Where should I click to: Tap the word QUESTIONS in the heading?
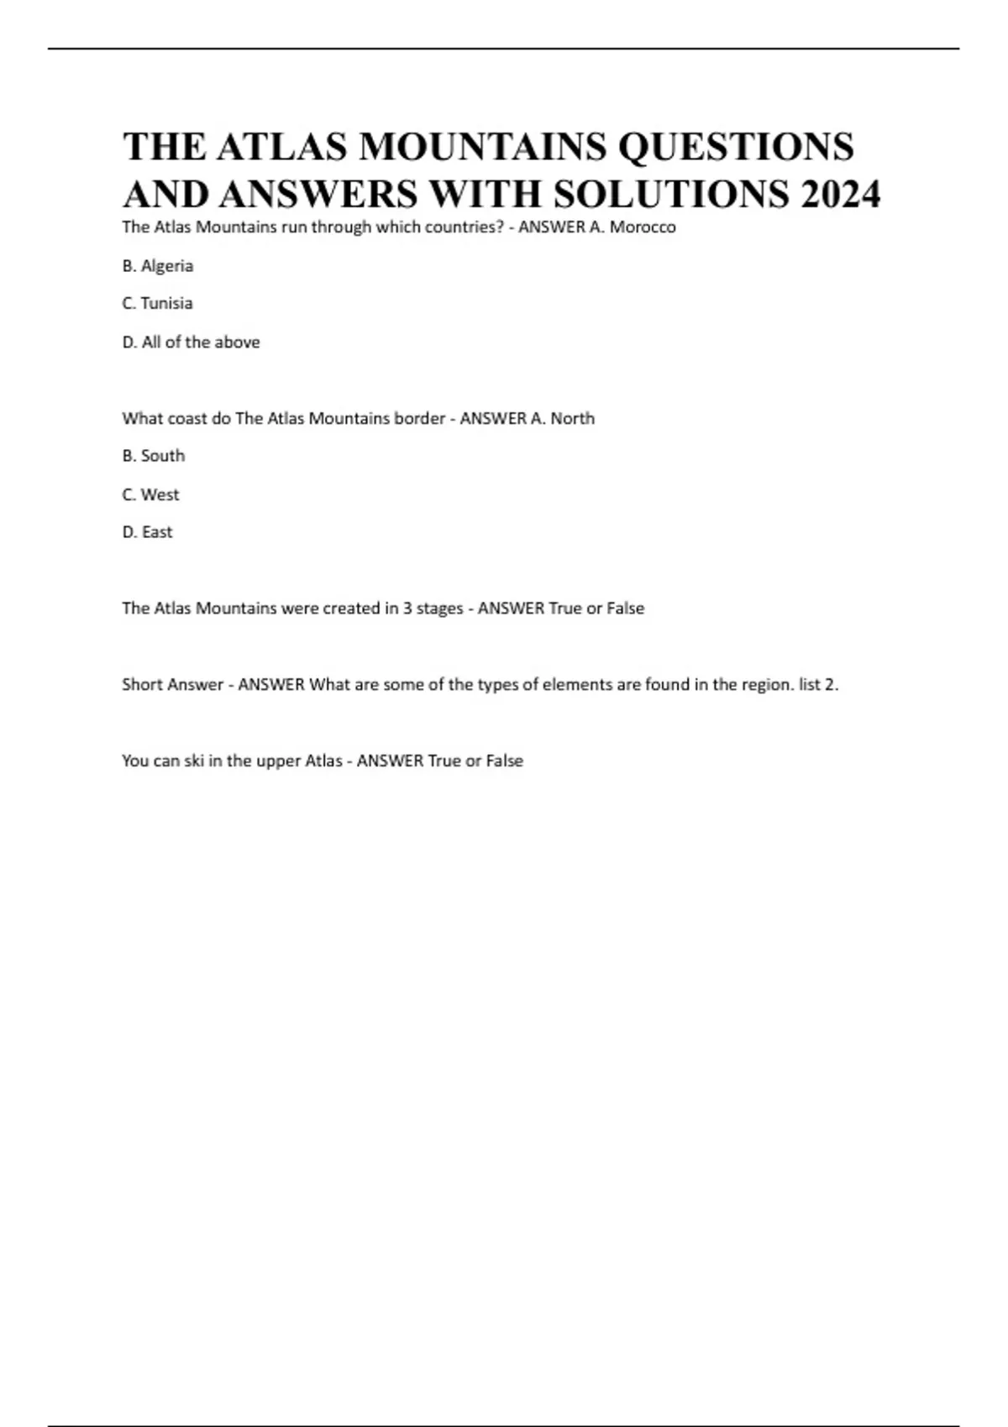click(x=736, y=147)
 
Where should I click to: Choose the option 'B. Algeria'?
click(x=158, y=266)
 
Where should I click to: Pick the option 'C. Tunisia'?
click(x=157, y=303)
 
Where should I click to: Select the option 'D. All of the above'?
click(x=191, y=342)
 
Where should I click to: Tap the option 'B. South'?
click(x=154, y=456)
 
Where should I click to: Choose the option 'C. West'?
click(x=150, y=494)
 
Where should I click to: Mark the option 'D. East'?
click(x=147, y=532)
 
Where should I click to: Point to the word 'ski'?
click(x=194, y=761)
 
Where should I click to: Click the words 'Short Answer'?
click(x=172, y=685)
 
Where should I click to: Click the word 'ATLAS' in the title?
click(x=281, y=147)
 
